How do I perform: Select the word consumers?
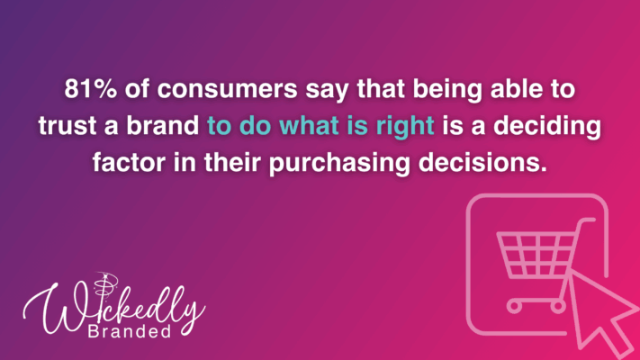(228, 89)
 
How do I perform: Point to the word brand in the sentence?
(162, 125)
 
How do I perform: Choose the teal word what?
(310, 125)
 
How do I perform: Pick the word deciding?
(547, 126)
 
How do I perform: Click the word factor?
(129, 162)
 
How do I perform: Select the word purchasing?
(339, 163)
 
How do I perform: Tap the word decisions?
(482, 162)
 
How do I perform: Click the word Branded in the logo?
(130, 331)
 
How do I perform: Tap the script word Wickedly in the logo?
(114, 307)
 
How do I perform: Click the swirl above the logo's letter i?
(105, 283)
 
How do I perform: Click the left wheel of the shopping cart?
(514, 306)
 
